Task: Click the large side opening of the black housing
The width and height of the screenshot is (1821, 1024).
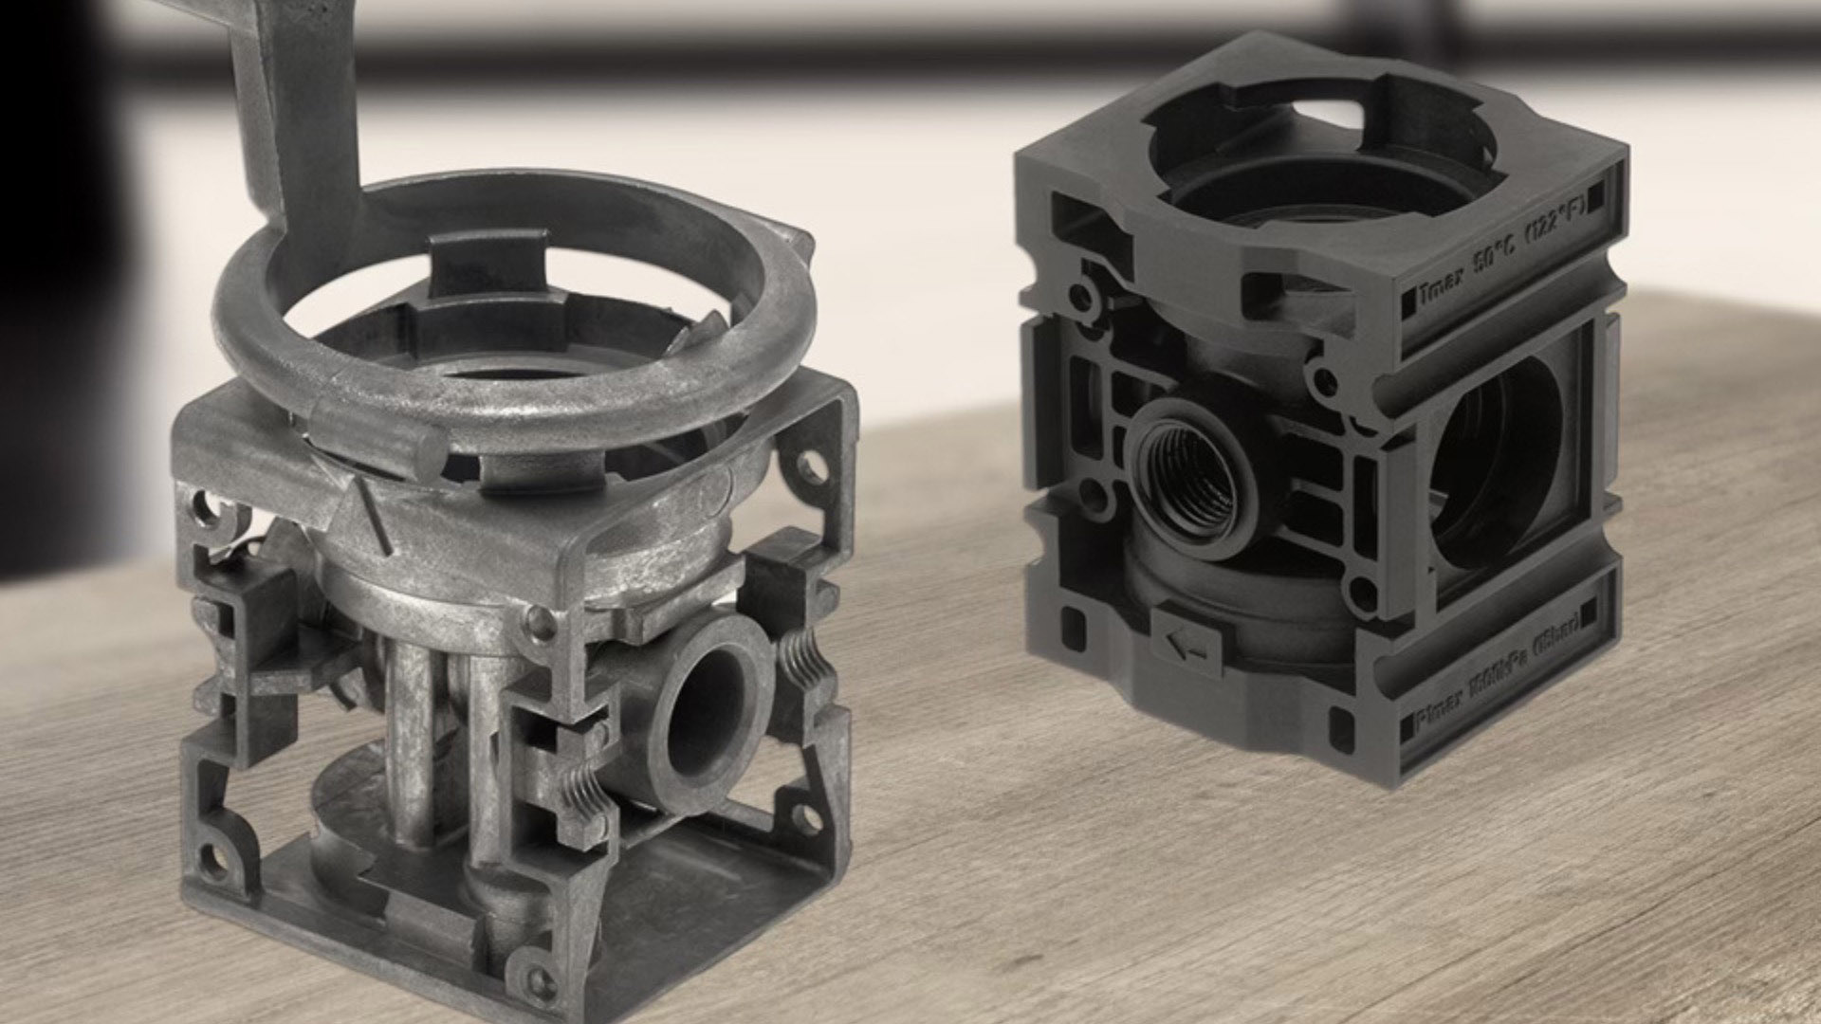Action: coord(1489,465)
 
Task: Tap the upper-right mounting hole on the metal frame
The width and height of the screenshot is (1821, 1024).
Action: coord(812,465)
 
